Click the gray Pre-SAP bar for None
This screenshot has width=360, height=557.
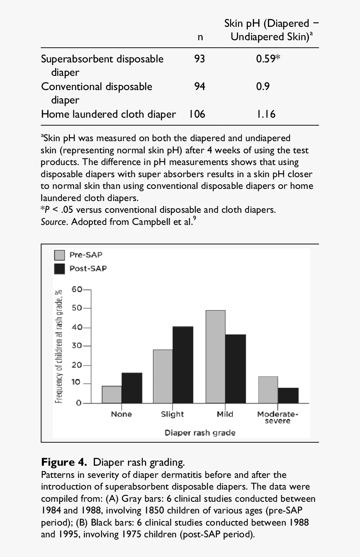coord(112,395)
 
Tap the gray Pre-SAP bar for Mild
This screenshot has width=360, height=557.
coord(215,357)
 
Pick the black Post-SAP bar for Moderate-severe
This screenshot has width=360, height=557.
coord(288,395)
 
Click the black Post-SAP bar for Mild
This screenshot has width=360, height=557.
coord(235,369)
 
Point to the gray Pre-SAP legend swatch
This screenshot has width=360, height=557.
coord(60,255)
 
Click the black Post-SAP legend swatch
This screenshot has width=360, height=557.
coord(60,268)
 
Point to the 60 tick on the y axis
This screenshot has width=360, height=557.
coord(77,289)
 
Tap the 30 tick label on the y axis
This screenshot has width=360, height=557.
coord(77,346)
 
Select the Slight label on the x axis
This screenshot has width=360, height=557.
coord(172,414)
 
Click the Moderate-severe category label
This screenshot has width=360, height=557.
coord(278,417)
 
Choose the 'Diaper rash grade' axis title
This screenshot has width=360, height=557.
coord(200,433)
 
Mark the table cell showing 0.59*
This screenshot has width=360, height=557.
coord(268,59)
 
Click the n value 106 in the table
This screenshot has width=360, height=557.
coord(196,114)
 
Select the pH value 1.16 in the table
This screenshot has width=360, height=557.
coord(266,114)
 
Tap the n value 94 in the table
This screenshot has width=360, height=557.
coord(200,87)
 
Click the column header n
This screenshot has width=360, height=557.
coord(200,37)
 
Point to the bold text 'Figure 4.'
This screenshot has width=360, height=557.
coord(64,462)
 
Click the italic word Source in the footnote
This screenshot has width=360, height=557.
coord(54,222)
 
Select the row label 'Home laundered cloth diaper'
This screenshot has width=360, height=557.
coord(108,114)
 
